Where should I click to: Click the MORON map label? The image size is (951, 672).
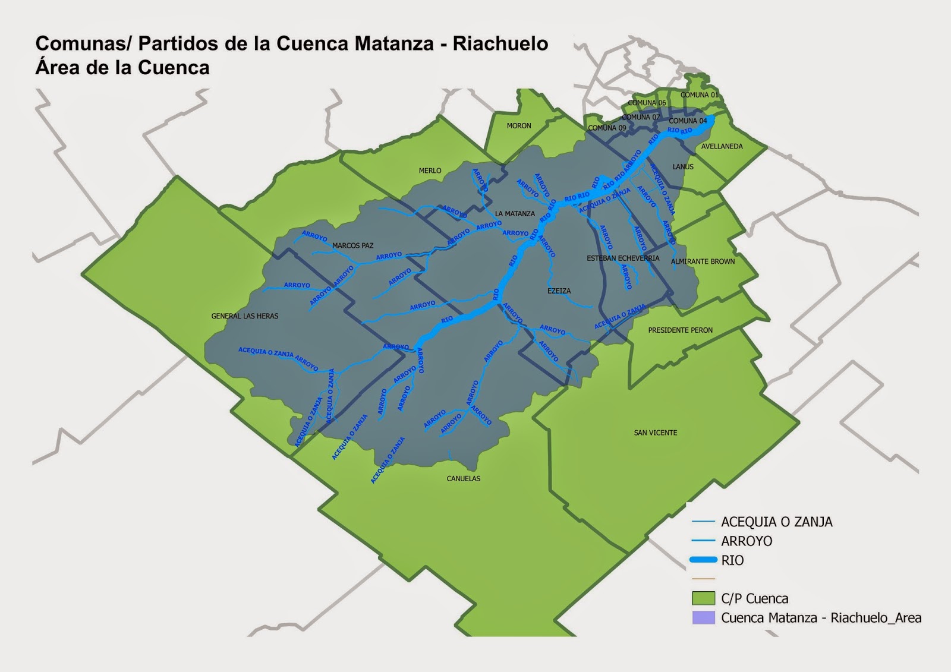pos(519,126)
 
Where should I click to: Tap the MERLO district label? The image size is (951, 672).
pos(430,171)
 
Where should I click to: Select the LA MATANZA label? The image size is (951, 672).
pos(515,214)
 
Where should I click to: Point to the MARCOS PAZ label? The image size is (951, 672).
pos(353,245)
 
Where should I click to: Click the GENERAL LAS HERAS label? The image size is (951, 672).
pos(245,316)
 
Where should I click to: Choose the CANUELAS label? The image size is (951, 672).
pos(464,478)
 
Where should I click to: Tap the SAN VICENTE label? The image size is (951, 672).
pos(656,433)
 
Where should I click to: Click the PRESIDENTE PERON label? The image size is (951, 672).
pos(681,330)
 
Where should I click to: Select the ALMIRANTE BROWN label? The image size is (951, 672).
pos(703,261)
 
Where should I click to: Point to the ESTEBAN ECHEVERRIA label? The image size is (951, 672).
pos(623,258)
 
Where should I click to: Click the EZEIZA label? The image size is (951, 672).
pos(559,291)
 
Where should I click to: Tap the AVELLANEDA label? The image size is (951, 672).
pos(722,146)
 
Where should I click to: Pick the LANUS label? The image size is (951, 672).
pos(683,167)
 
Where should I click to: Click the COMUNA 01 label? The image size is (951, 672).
pos(700,95)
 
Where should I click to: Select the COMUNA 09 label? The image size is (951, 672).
pos(607,128)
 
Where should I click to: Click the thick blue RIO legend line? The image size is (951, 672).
pos(703,560)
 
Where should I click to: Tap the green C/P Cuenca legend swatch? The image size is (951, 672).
pos(703,598)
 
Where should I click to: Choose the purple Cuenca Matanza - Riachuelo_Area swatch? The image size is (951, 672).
pos(703,617)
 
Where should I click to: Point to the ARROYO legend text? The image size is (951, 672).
pos(747,541)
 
